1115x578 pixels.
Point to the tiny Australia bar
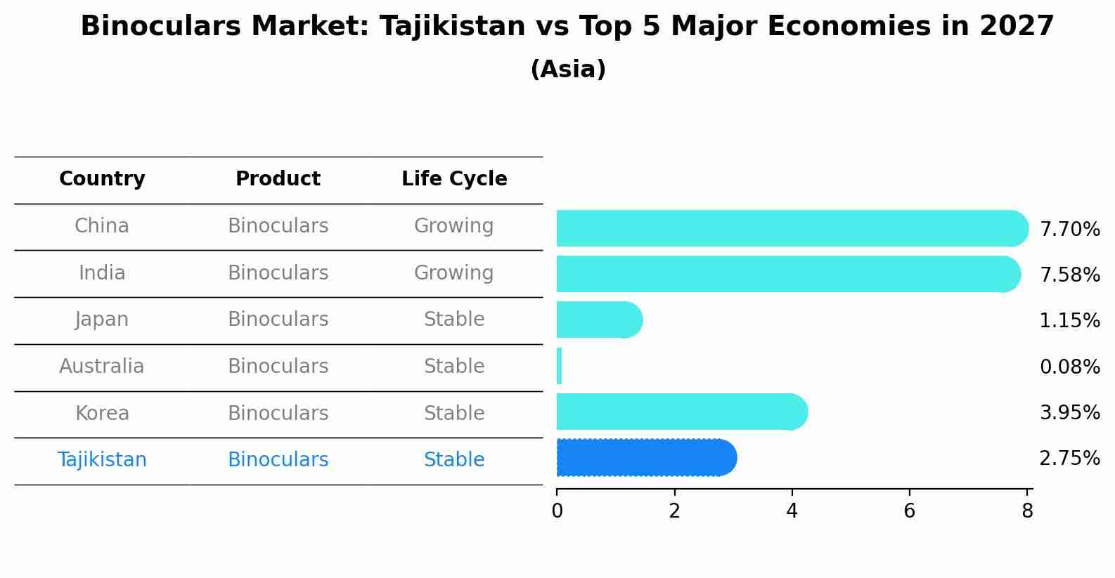tap(559, 366)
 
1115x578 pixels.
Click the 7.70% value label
tap(1069, 230)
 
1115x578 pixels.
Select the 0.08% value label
tap(1069, 367)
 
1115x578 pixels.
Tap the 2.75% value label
tap(1069, 459)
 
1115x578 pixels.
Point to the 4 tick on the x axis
tap(792, 511)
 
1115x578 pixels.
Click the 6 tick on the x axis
tap(910, 511)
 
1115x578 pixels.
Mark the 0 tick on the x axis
tap(557, 511)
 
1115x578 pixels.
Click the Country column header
tap(102, 179)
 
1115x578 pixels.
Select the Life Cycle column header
tap(454, 179)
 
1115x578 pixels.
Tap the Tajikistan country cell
tap(102, 460)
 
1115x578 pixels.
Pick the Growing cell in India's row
tap(454, 272)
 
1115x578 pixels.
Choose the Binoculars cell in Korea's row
tap(278, 413)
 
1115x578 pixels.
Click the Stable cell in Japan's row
tap(454, 320)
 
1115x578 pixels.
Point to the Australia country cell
tap(102, 367)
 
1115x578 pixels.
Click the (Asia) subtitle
tap(568, 70)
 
